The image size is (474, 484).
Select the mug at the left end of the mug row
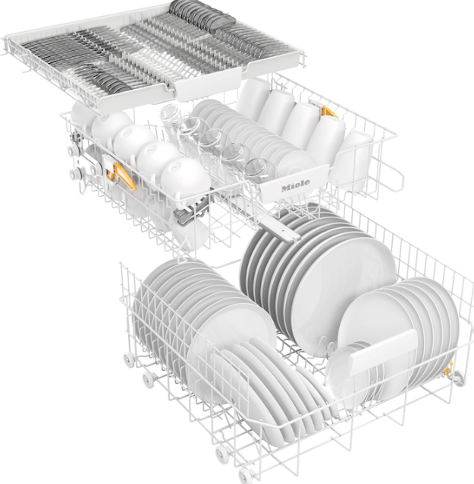254,94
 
